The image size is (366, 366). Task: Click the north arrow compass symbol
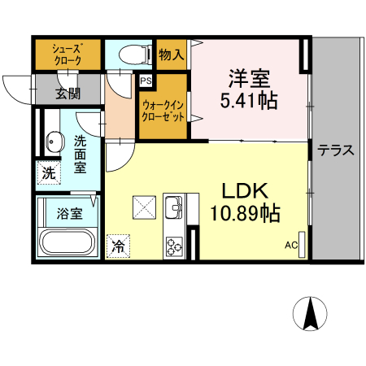tap(310, 313)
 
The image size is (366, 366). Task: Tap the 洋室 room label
tap(249, 80)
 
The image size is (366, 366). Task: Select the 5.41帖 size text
tap(249, 102)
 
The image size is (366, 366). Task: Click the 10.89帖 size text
tap(245, 214)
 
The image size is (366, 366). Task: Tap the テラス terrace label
tap(336, 150)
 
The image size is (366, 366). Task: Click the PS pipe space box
tap(146, 81)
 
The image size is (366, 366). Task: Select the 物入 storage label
tap(172, 55)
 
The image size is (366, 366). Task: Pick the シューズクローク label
tap(67, 54)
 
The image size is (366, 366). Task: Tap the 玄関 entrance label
tap(68, 93)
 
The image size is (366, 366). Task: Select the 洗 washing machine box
tap(48, 172)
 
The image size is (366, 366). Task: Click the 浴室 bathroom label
tap(69, 214)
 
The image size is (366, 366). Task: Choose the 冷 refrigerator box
tap(119, 245)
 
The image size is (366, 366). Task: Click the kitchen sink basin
tap(175, 209)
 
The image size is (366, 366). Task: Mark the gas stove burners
tap(175, 245)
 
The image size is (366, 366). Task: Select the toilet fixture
tap(132, 54)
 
